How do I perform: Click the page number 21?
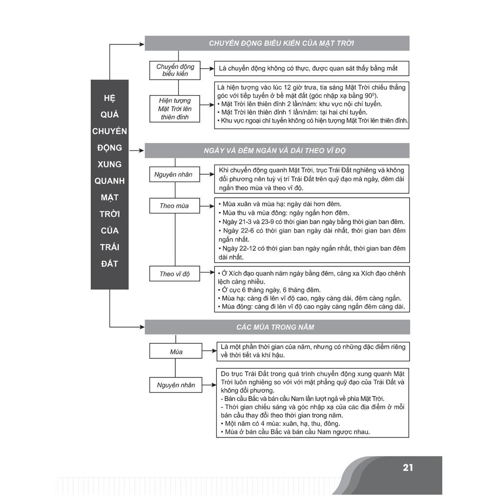pyautogui.click(x=408, y=467)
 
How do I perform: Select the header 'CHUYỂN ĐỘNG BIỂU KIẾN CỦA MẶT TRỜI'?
pyautogui.click(x=281, y=43)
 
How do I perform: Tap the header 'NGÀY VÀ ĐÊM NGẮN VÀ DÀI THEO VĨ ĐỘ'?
pyautogui.click(x=274, y=150)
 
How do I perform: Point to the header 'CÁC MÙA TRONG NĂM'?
pyautogui.click(x=275, y=327)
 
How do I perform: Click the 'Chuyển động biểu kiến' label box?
pyautogui.click(x=175, y=70)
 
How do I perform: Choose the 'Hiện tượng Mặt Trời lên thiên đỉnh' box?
pyautogui.click(x=175, y=109)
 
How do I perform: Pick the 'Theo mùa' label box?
pyautogui.click(x=174, y=206)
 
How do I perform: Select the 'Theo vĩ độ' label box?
pyautogui.click(x=174, y=273)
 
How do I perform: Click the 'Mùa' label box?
pyautogui.click(x=176, y=352)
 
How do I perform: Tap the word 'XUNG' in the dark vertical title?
pyautogui.click(x=109, y=164)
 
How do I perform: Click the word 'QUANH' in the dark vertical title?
pyautogui.click(x=109, y=181)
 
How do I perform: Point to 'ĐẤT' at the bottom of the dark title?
pyautogui.click(x=109, y=264)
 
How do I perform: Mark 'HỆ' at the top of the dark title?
pyautogui.click(x=109, y=98)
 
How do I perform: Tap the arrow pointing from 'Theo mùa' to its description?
pyautogui.click(x=207, y=206)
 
